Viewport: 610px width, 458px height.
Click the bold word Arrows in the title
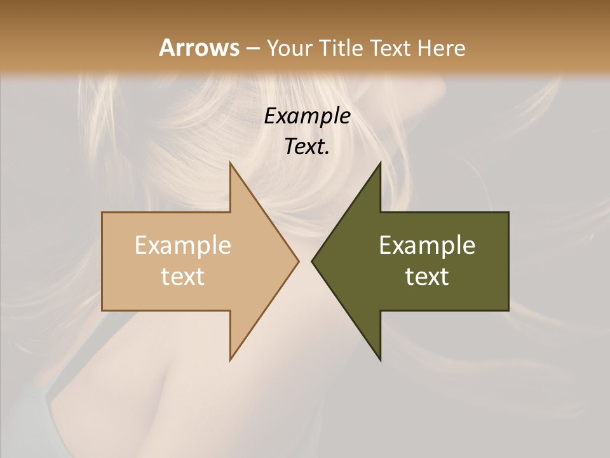pos(198,48)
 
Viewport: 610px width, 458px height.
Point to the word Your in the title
pos(289,48)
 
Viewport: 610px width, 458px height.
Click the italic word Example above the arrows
pos(307,116)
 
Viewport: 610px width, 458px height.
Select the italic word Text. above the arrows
pos(307,146)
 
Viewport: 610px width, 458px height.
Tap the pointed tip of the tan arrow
pos(299,261)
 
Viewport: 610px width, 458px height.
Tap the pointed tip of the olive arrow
pos(311,261)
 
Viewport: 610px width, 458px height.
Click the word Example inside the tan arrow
pos(182,246)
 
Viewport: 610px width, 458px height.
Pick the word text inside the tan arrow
pos(182,277)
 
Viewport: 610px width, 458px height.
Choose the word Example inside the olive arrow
pos(427,246)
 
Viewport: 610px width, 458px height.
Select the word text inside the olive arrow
pos(427,277)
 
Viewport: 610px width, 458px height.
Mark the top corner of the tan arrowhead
pos(230,163)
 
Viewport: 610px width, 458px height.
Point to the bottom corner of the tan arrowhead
pos(230,360)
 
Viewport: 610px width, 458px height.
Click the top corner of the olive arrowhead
pos(380,163)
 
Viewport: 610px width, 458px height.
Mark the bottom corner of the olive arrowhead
pos(380,360)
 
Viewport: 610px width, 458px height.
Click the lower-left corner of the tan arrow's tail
pos(102,310)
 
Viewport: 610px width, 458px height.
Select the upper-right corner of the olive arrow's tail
pos(508,212)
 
